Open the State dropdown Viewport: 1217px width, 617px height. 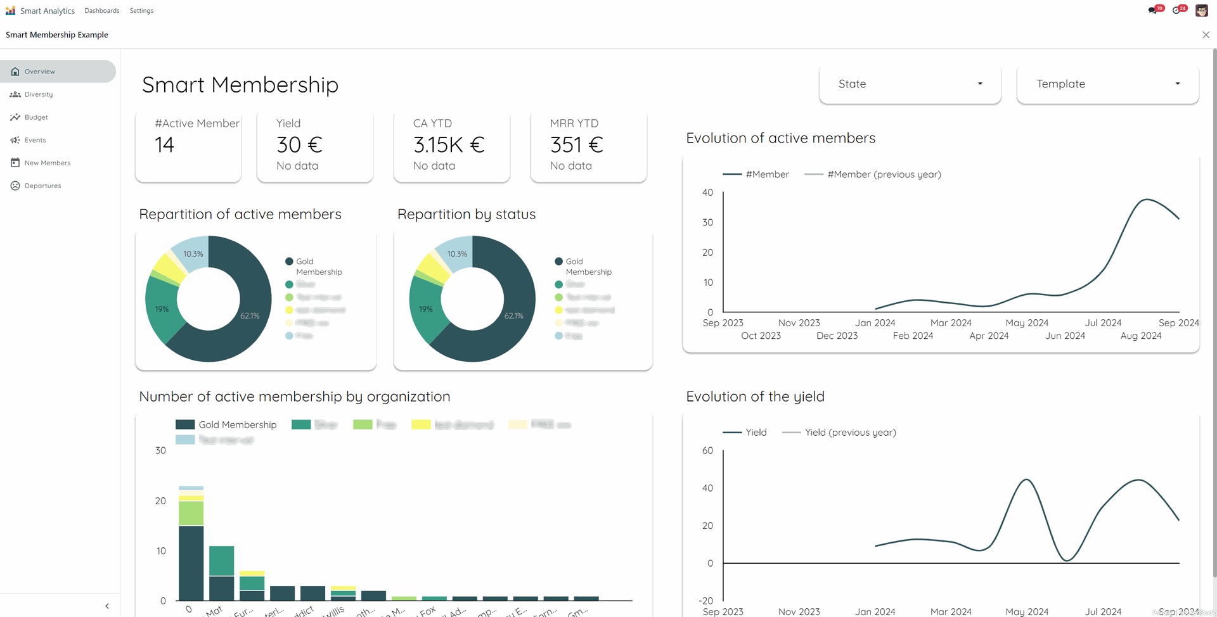pos(910,84)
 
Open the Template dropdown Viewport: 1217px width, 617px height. pos(1107,84)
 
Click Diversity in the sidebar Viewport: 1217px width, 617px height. pos(39,94)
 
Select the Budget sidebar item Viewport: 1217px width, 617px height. pos(36,117)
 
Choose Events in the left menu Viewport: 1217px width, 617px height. pos(35,140)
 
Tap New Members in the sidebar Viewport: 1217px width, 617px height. pos(47,163)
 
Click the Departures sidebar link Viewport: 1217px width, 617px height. pos(42,186)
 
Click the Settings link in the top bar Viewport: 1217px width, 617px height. pos(141,11)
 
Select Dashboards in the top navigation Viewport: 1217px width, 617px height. pos(101,11)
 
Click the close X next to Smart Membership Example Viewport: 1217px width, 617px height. pos(1206,35)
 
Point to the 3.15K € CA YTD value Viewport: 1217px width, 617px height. pos(449,145)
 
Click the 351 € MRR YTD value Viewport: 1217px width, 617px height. pos(576,145)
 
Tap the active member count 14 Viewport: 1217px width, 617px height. pos(165,145)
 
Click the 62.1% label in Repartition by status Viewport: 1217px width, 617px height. pos(513,315)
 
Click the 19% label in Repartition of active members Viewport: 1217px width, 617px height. pos(162,309)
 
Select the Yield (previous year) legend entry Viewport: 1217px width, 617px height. pos(850,433)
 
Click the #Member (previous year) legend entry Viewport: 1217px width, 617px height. pos(884,174)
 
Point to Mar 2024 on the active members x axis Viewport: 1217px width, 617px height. pos(951,323)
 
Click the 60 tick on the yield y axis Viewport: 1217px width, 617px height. pos(707,450)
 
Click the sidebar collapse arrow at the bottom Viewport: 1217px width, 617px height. pos(107,606)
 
